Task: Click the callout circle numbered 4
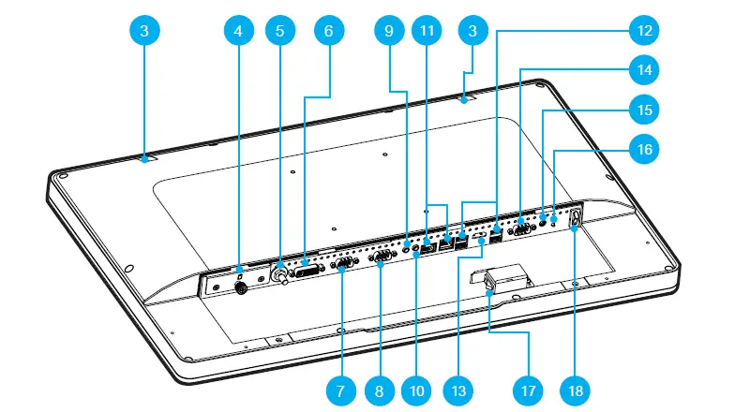click(x=238, y=31)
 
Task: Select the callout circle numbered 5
click(x=278, y=31)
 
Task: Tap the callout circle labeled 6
click(x=328, y=31)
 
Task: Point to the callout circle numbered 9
click(x=386, y=31)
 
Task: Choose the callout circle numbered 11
click(x=427, y=31)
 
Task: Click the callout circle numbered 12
click(x=643, y=31)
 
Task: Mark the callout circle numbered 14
click(x=643, y=70)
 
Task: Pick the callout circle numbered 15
click(x=643, y=110)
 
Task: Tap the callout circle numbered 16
click(x=643, y=149)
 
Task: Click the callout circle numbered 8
click(x=381, y=387)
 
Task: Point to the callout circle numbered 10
click(x=416, y=387)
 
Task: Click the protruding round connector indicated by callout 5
click(x=278, y=275)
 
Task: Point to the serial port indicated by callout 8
click(x=382, y=257)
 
